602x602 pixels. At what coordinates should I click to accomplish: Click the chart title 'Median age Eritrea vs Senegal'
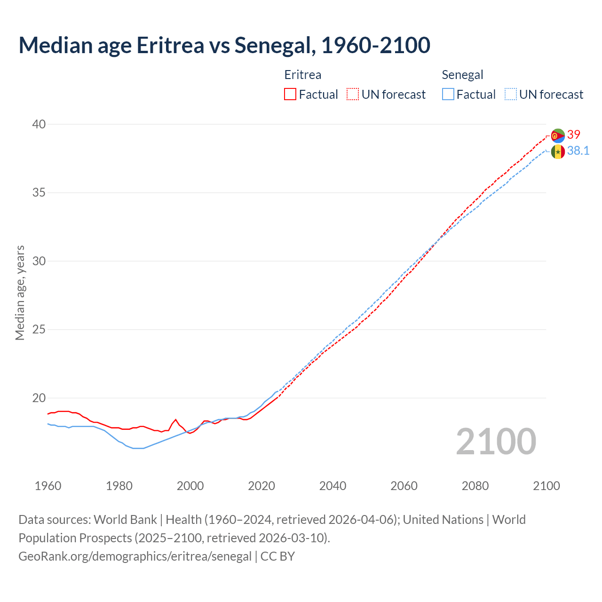(224, 45)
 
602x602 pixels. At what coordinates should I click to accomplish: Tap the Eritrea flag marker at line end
(558, 135)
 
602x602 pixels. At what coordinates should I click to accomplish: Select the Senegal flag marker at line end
(558, 152)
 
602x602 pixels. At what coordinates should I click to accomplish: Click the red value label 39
(574, 135)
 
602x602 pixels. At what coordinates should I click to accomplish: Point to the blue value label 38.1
(578, 150)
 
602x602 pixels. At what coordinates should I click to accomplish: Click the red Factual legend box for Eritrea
(290, 95)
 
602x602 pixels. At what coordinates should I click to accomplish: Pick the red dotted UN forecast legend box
(353, 95)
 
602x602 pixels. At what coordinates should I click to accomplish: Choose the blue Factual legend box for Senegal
(448, 95)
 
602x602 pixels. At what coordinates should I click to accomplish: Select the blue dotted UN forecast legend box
(511, 95)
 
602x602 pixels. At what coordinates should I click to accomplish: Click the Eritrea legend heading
(302, 75)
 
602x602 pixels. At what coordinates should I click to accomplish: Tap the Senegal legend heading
(462, 75)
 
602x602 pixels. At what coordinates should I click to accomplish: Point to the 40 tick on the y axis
(39, 124)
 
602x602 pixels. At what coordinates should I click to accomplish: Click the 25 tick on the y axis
(39, 329)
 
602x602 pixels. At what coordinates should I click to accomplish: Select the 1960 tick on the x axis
(48, 486)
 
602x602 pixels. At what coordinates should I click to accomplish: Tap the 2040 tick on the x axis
(333, 486)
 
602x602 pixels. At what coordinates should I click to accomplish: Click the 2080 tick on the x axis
(475, 486)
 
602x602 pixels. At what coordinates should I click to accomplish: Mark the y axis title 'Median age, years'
(20, 293)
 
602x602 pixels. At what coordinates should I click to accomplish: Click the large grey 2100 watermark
(496, 442)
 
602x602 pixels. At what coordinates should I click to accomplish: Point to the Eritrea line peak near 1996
(175, 420)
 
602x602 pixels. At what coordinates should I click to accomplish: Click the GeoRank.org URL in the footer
(135, 556)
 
